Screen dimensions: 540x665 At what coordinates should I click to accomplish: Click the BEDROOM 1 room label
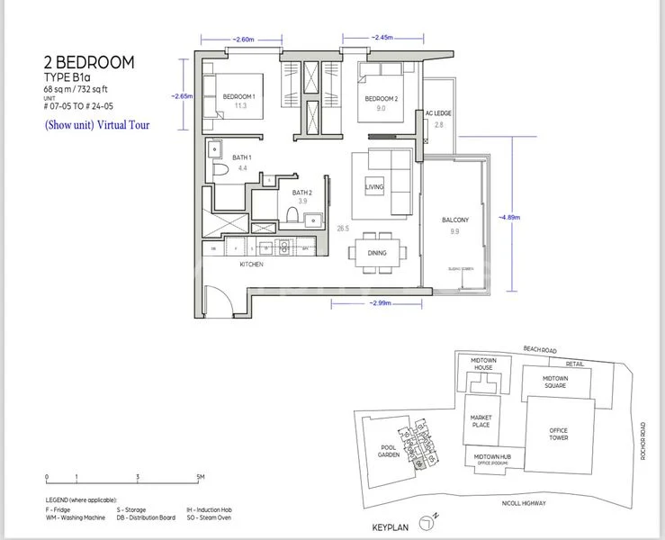click(x=239, y=96)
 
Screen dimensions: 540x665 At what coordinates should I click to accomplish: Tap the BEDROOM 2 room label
click(x=382, y=99)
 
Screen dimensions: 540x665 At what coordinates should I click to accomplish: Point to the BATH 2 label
click(x=302, y=192)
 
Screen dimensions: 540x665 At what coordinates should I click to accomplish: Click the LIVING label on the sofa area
click(x=374, y=187)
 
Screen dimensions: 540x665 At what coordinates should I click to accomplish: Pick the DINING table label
click(x=377, y=253)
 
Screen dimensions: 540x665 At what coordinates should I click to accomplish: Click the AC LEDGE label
click(x=437, y=114)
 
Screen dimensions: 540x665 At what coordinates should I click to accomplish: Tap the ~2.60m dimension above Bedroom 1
click(x=243, y=40)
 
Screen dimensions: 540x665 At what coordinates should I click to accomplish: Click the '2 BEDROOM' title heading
click(x=89, y=62)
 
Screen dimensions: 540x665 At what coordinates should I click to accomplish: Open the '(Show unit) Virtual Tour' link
click(x=96, y=126)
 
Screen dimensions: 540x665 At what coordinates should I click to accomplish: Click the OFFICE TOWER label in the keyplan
click(x=558, y=435)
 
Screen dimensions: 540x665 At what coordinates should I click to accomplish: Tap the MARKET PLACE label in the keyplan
click(x=482, y=422)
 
